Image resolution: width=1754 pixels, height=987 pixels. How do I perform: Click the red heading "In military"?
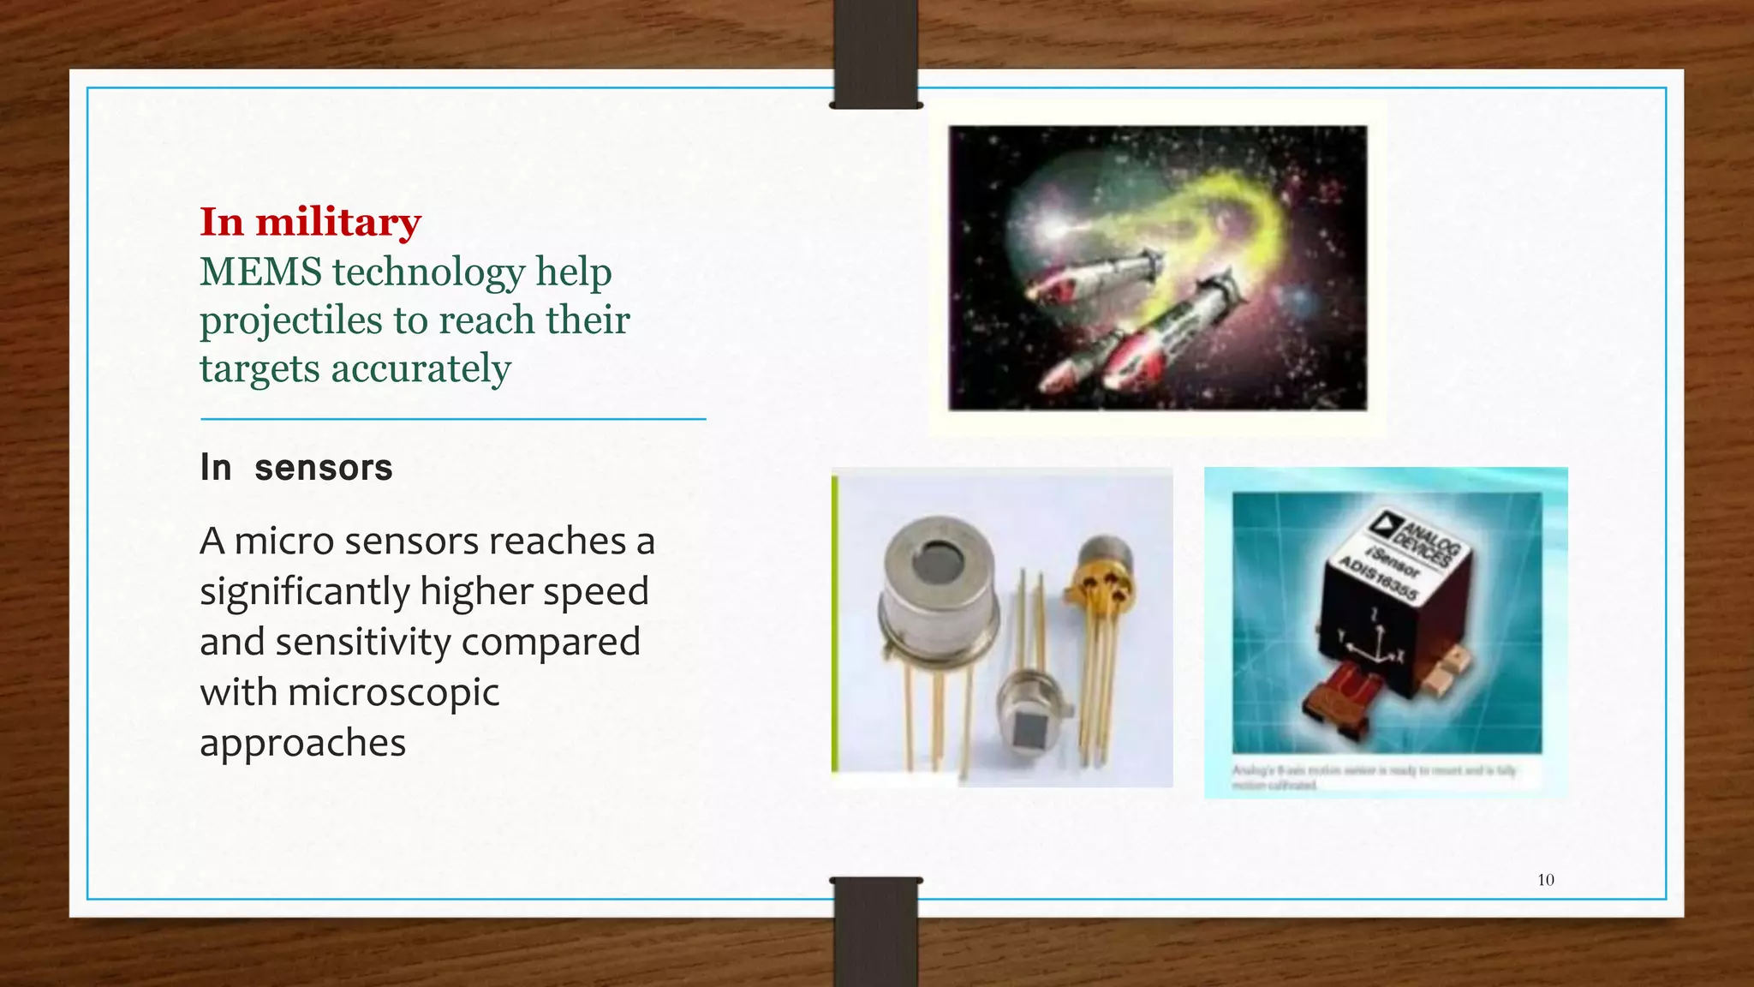tap(310, 222)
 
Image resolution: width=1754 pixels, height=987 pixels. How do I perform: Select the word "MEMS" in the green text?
tap(260, 272)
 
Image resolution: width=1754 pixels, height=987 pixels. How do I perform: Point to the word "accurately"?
tap(421, 369)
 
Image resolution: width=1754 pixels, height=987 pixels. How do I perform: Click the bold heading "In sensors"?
tap(296, 468)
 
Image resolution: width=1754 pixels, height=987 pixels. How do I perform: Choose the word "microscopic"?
tap(393, 692)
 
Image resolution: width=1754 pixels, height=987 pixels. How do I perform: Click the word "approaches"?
tap(302, 742)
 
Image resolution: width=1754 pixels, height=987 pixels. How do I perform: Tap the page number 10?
tap(1546, 880)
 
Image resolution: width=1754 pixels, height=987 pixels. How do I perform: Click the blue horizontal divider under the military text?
tap(453, 419)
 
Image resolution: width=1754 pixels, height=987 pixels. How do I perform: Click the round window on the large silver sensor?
tap(937, 563)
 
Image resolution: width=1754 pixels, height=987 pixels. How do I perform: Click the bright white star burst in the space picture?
tap(1052, 229)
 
